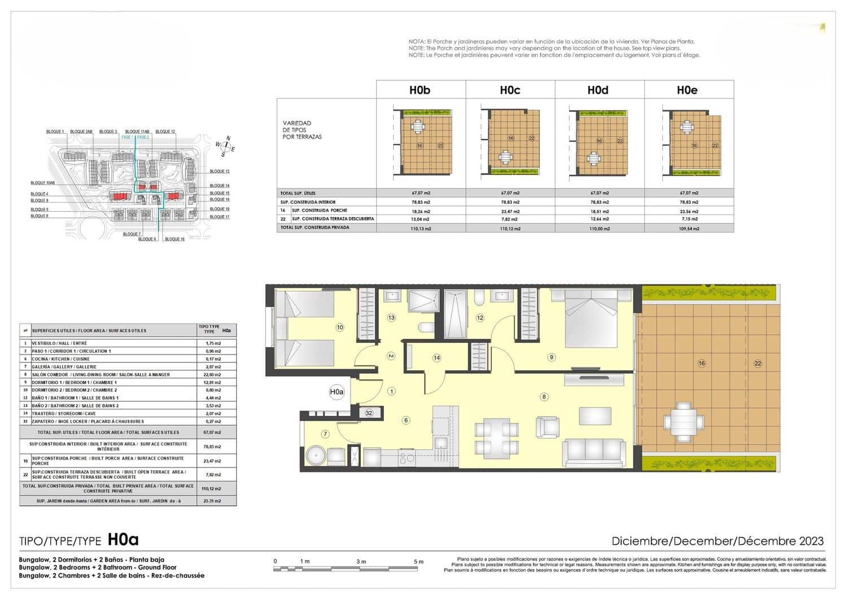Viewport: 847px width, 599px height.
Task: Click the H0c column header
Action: pyautogui.click(x=510, y=90)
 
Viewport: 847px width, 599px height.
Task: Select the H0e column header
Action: pyautogui.click(x=687, y=90)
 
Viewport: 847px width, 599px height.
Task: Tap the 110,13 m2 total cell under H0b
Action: pyautogui.click(x=420, y=229)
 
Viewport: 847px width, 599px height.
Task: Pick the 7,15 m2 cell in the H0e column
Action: pyautogui.click(x=688, y=219)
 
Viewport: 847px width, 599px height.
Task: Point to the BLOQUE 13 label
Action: pyautogui.click(x=220, y=171)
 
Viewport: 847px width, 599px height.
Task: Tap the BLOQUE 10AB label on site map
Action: pyautogui.click(x=42, y=183)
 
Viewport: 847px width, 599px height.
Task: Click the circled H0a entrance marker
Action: pyautogui.click(x=337, y=391)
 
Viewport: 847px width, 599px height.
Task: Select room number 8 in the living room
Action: pyautogui.click(x=544, y=397)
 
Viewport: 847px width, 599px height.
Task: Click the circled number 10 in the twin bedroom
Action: pyautogui.click(x=339, y=327)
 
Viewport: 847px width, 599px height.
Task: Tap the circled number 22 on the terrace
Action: pyautogui.click(x=758, y=364)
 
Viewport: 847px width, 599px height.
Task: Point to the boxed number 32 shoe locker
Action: pyautogui.click(x=369, y=413)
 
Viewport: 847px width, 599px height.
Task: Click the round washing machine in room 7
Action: pyautogui.click(x=314, y=454)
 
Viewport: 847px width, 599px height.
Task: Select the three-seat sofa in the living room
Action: pyautogui.click(x=593, y=452)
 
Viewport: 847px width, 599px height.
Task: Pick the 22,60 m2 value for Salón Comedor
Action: pyautogui.click(x=213, y=374)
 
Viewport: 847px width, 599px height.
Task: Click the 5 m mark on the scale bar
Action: pyautogui.click(x=418, y=562)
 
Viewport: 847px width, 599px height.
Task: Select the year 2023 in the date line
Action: pyautogui.click(x=811, y=541)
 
